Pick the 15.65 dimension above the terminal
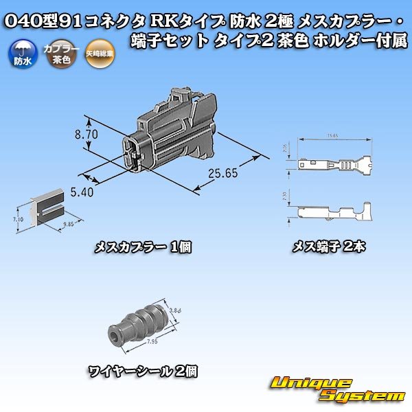333,135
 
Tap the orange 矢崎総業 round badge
96,54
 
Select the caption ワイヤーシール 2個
143,371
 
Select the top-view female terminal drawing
334,165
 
